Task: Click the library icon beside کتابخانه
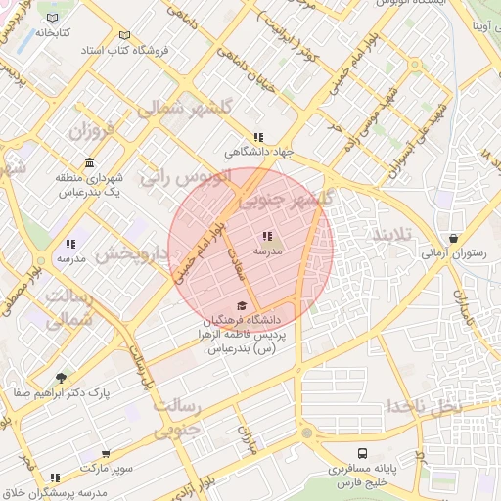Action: click(53, 19)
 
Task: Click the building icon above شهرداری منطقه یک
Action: click(90, 161)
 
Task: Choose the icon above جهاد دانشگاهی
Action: click(258, 138)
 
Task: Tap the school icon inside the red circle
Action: click(267, 236)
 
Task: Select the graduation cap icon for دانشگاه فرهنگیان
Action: click(242, 305)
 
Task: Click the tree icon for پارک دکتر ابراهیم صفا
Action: click(62, 378)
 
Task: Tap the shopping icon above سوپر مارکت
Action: click(106, 455)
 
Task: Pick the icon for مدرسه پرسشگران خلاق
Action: click(55, 478)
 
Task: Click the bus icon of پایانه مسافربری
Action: click(362, 454)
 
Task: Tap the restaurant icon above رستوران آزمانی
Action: click(454, 238)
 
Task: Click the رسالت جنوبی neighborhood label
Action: click(176, 416)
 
